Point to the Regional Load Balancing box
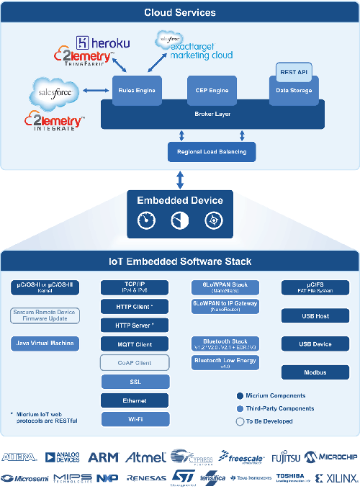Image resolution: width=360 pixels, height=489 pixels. coord(211,151)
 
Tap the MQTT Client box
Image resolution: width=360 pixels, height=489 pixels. coord(135,344)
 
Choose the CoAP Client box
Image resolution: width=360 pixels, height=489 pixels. coord(135,362)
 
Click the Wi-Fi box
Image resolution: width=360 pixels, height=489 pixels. coord(135,418)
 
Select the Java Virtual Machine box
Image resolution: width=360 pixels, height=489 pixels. coord(45,343)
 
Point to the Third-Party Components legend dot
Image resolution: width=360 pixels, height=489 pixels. coord(239,408)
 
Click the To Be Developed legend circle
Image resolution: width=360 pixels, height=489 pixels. coord(239,421)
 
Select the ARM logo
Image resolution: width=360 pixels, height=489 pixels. coord(103,457)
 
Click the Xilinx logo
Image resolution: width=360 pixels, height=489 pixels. coord(336,477)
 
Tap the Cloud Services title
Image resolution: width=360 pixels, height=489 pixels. coord(179,12)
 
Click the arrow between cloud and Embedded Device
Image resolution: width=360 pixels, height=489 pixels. coord(179,179)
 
